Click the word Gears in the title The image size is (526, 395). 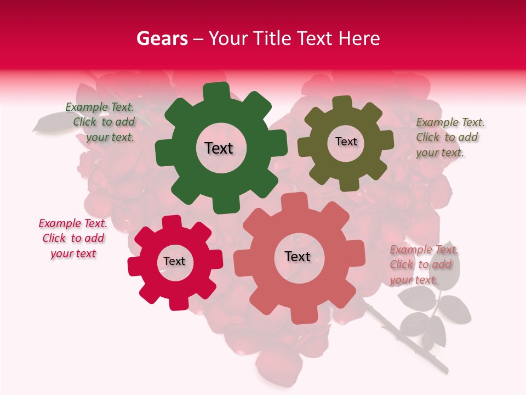[x=162, y=38]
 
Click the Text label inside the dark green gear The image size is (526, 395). [x=219, y=148]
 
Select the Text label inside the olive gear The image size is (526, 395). [x=346, y=142]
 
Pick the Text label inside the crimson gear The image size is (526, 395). [x=174, y=261]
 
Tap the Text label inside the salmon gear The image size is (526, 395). [x=298, y=256]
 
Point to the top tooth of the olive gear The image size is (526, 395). [x=342, y=103]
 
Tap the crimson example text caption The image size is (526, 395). [x=73, y=238]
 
